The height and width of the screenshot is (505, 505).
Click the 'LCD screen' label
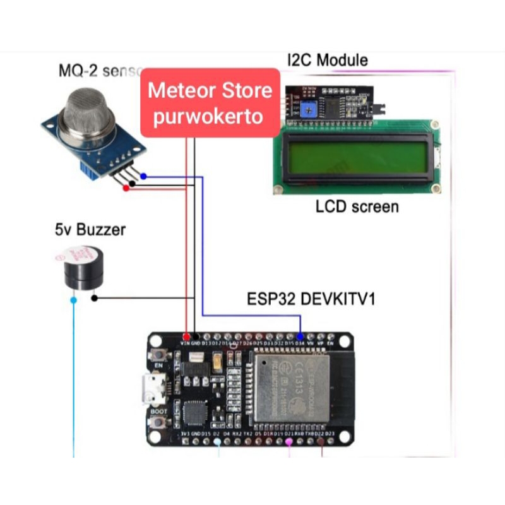357,206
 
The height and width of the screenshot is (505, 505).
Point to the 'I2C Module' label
326,61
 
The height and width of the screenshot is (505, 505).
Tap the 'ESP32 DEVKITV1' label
311,298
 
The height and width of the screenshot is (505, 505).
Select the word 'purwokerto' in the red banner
208,117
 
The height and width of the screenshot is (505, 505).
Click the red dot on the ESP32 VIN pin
186,336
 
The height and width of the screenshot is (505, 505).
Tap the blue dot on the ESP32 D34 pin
300,336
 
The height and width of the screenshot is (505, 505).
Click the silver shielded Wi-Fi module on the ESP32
292,391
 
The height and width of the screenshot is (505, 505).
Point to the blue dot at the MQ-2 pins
145,177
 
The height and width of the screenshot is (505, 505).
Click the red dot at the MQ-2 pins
126,188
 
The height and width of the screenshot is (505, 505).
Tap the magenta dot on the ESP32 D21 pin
288,443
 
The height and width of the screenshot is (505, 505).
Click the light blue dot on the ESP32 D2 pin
218,443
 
